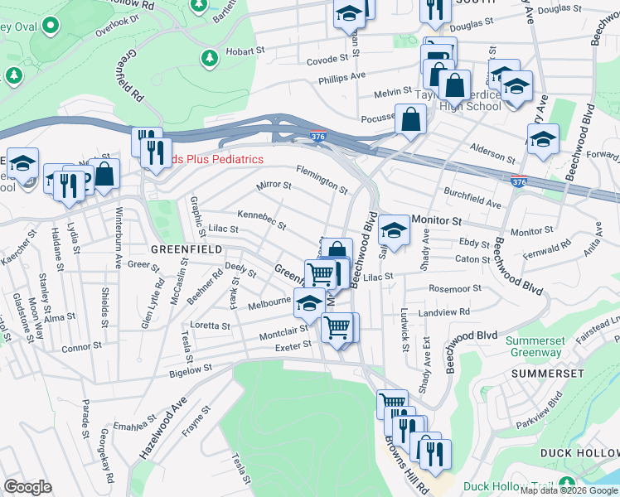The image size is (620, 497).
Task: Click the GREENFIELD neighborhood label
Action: coord(186,248)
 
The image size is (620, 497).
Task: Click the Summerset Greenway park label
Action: coord(535,347)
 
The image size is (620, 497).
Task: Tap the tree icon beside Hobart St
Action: coord(209,57)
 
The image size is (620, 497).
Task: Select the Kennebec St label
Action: coord(261,220)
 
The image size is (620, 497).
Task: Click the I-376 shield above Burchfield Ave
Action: coord(516,181)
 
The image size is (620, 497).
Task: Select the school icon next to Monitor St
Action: coord(395,231)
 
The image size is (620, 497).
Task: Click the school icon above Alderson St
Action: coord(543,139)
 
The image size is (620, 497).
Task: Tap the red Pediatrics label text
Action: coord(217,159)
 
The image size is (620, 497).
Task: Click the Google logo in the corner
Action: coord(27,486)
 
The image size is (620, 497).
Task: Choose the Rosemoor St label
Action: coord(455,289)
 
